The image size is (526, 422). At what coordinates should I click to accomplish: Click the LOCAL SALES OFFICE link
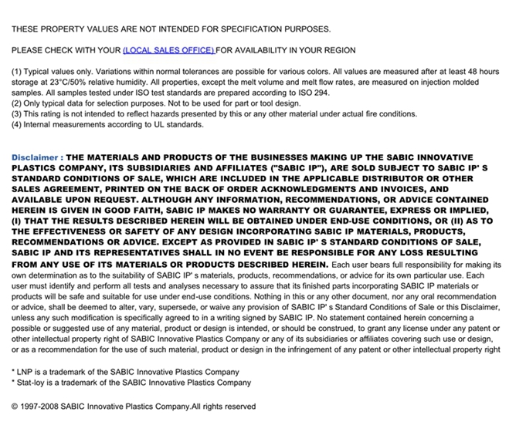coord(168,50)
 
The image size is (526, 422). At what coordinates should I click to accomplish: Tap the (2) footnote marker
coord(16,103)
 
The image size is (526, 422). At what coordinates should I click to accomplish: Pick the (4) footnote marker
coord(16,124)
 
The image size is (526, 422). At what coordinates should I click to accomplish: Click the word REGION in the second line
coord(338,50)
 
